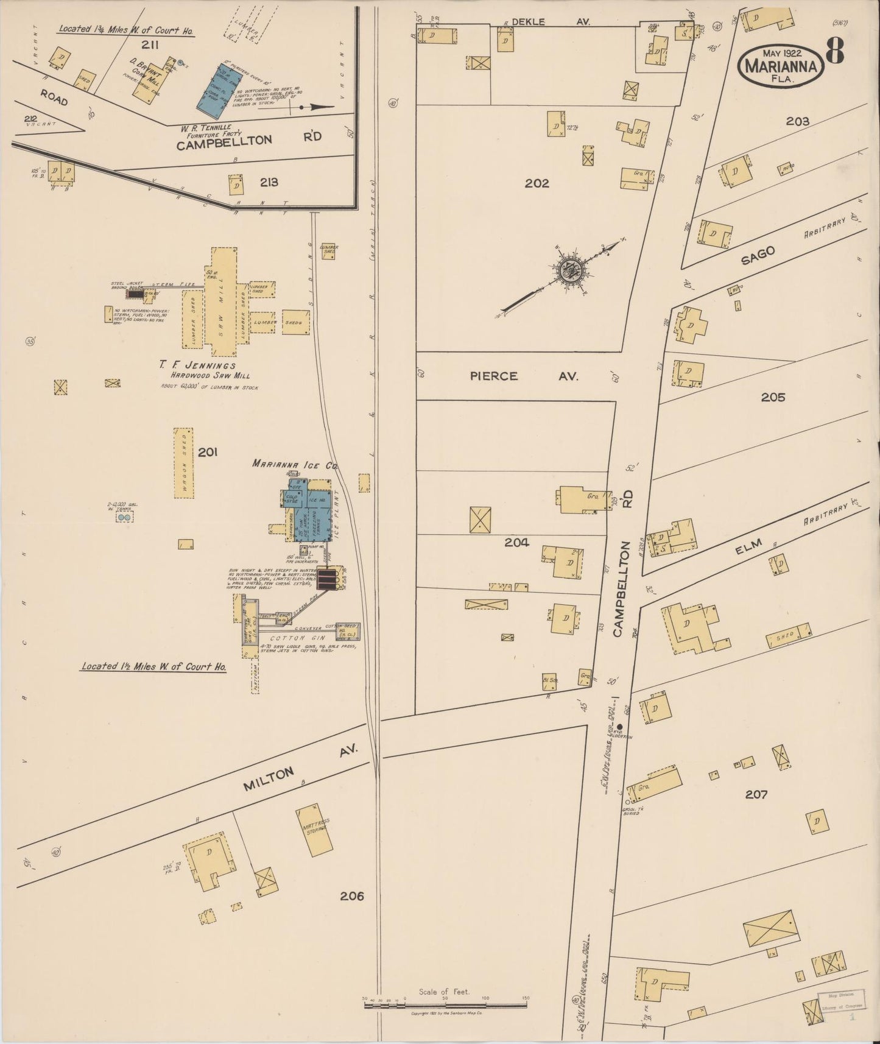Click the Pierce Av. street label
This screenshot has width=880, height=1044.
click(524, 376)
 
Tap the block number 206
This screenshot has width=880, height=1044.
click(352, 896)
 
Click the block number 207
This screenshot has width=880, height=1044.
click(756, 794)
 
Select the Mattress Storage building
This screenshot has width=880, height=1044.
click(315, 830)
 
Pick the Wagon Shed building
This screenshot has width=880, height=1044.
click(183, 463)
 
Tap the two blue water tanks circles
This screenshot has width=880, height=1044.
click(124, 517)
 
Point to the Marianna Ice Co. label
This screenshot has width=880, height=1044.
click(295, 464)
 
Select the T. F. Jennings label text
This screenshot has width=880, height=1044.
click(197, 365)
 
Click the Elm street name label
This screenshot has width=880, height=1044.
click(748, 546)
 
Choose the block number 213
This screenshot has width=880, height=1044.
click(269, 182)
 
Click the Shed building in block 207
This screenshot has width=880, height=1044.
click(789, 636)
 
